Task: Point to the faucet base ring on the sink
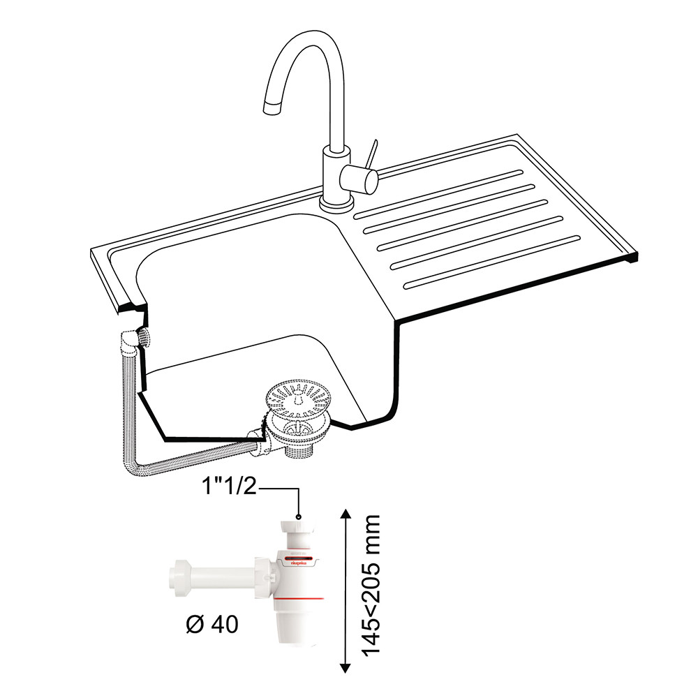336,205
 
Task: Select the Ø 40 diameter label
212,623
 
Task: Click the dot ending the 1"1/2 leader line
299,517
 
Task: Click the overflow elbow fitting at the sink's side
130,341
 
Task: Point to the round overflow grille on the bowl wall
144,339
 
